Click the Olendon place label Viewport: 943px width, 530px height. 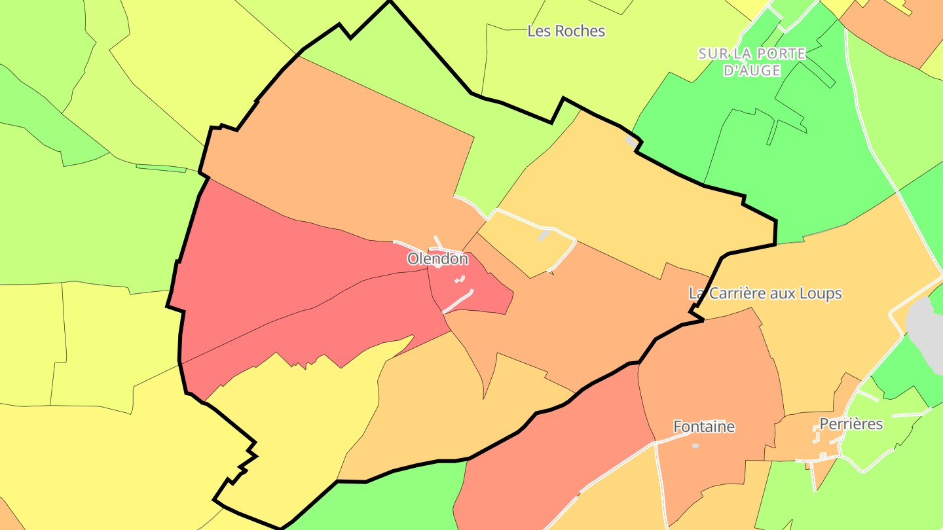coord(437,259)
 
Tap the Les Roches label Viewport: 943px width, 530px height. coord(566,31)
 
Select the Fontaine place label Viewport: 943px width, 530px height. coord(704,427)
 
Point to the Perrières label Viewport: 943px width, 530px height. coord(851,424)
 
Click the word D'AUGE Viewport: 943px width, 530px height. coord(752,70)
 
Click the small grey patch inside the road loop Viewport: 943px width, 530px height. coord(543,236)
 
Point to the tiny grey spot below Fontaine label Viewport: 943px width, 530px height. coord(695,446)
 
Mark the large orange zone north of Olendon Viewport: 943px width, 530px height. coord(341,157)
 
